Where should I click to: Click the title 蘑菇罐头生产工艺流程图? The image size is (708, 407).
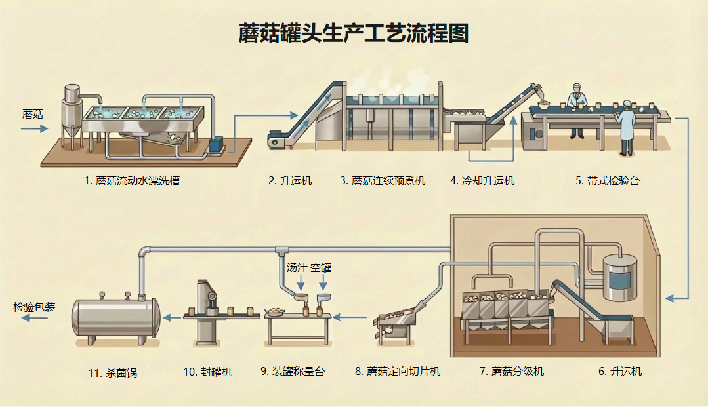pos(354,33)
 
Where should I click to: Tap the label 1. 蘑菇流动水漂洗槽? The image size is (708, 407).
pos(132,181)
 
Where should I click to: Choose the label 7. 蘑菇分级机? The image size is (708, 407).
pos(512,372)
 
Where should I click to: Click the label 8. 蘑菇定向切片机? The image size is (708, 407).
pos(398,372)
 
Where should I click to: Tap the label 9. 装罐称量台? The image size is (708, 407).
pos(293,372)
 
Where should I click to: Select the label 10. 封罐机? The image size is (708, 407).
pos(208,372)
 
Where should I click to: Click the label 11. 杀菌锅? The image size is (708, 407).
pos(113,373)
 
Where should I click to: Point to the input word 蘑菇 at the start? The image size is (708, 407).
pos(33,114)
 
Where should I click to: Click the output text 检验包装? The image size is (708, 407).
pos(34,307)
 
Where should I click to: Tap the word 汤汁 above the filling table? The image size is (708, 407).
pos(297,267)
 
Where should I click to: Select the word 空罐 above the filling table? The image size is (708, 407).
pos(321,267)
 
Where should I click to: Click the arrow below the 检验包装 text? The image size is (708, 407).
pos(34,319)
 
